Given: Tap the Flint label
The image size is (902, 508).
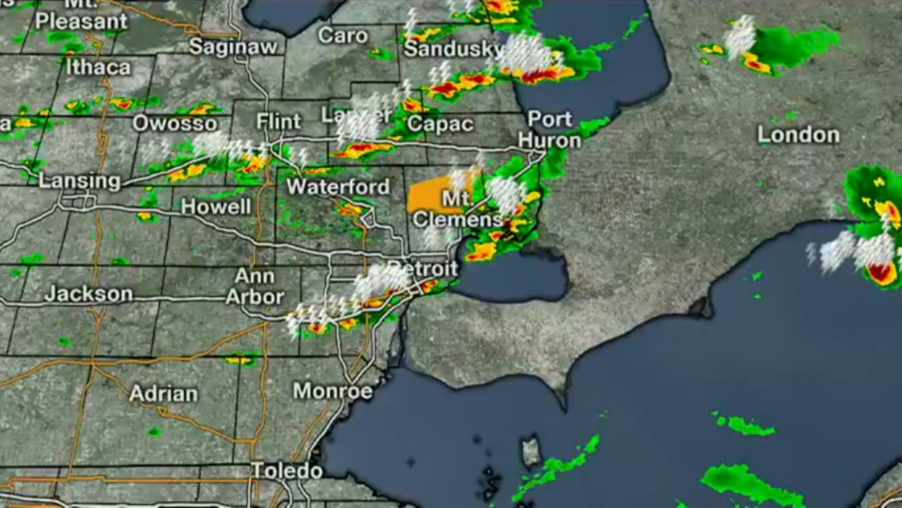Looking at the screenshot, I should (279, 121).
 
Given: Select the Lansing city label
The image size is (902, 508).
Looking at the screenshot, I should (80, 181).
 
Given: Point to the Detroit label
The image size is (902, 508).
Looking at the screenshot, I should (422, 269).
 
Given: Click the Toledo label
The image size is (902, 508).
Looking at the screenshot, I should (287, 471).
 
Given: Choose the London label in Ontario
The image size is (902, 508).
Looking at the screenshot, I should (798, 135).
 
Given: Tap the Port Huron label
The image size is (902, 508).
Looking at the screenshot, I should (550, 129).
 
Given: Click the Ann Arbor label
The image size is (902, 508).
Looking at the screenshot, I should (255, 286).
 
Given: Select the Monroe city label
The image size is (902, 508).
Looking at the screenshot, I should (332, 391).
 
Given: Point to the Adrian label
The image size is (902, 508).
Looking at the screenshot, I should (164, 393).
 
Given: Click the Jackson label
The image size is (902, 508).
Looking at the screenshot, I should (88, 294).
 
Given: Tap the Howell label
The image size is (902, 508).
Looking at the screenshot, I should (216, 207).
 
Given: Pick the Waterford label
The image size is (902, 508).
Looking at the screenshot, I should (338, 187).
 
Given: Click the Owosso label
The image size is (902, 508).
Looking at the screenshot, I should (175, 123).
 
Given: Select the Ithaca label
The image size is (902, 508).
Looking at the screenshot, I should (99, 67).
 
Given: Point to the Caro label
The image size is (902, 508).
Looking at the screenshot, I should (343, 35).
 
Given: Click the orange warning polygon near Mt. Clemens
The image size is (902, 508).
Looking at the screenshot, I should (427, 196).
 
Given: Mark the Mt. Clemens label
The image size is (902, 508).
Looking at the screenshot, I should (457, 210).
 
